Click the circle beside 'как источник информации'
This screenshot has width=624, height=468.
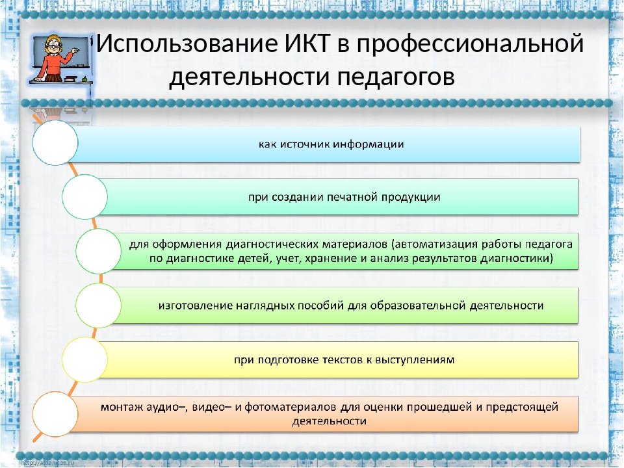click(x=55, y=143)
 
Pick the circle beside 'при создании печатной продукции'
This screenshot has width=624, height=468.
click(x=84, y=196)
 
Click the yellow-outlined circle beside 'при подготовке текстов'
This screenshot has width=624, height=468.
click(x=84, y=358)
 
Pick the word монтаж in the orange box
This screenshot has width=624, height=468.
click(x=122, y=408)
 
